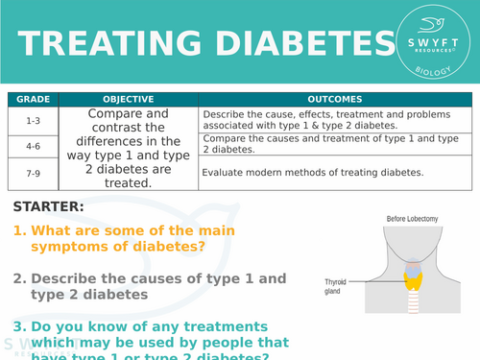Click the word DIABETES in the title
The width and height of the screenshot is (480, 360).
tap(286, 44)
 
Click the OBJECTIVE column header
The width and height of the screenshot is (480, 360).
tap(128, 99)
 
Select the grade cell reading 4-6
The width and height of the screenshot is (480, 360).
tap(33, 145)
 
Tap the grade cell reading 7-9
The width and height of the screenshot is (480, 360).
tap(33, 173)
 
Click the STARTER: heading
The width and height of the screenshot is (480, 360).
tap(48, 206)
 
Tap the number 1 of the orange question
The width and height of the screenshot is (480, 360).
tap(18, 230)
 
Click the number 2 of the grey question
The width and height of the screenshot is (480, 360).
tap(18, 278)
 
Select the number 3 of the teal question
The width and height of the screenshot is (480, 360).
tap(18, 326)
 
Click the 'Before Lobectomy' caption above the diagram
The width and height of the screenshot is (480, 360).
tap(413, 220)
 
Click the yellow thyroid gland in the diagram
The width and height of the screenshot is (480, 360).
tap(414, 278)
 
